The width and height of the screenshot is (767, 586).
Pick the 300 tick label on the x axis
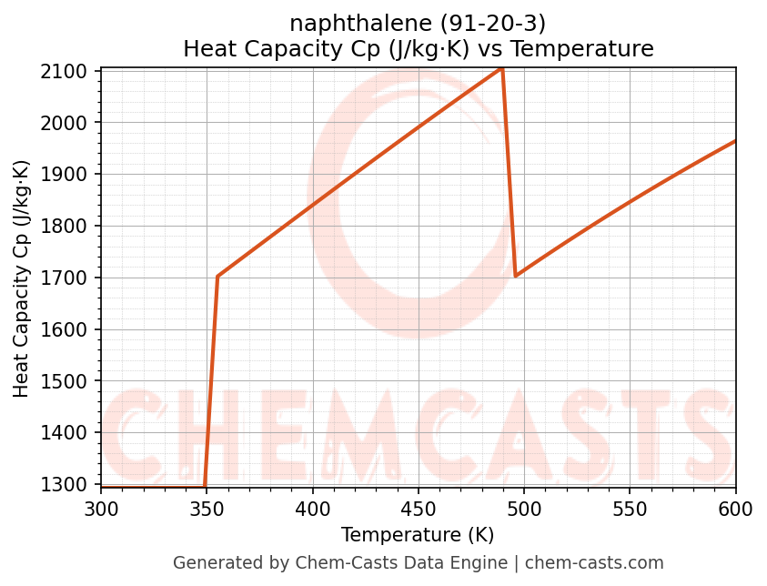coord(101,509)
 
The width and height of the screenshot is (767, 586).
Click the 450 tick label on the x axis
coord(419,509)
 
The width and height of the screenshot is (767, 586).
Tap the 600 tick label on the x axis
coord(735,509)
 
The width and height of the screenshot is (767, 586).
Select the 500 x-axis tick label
coord(524,509)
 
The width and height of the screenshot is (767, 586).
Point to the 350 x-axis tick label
coord(207,509)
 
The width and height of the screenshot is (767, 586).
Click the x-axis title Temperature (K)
coord(418,535)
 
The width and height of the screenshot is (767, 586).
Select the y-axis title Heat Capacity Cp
coord(22,278)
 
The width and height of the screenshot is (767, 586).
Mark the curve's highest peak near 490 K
coord(501,68)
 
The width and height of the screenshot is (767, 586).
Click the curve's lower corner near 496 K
coord(516,276)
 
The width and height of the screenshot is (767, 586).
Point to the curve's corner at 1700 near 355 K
coord(217,276)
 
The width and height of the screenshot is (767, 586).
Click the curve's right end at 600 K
coord(735,141)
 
